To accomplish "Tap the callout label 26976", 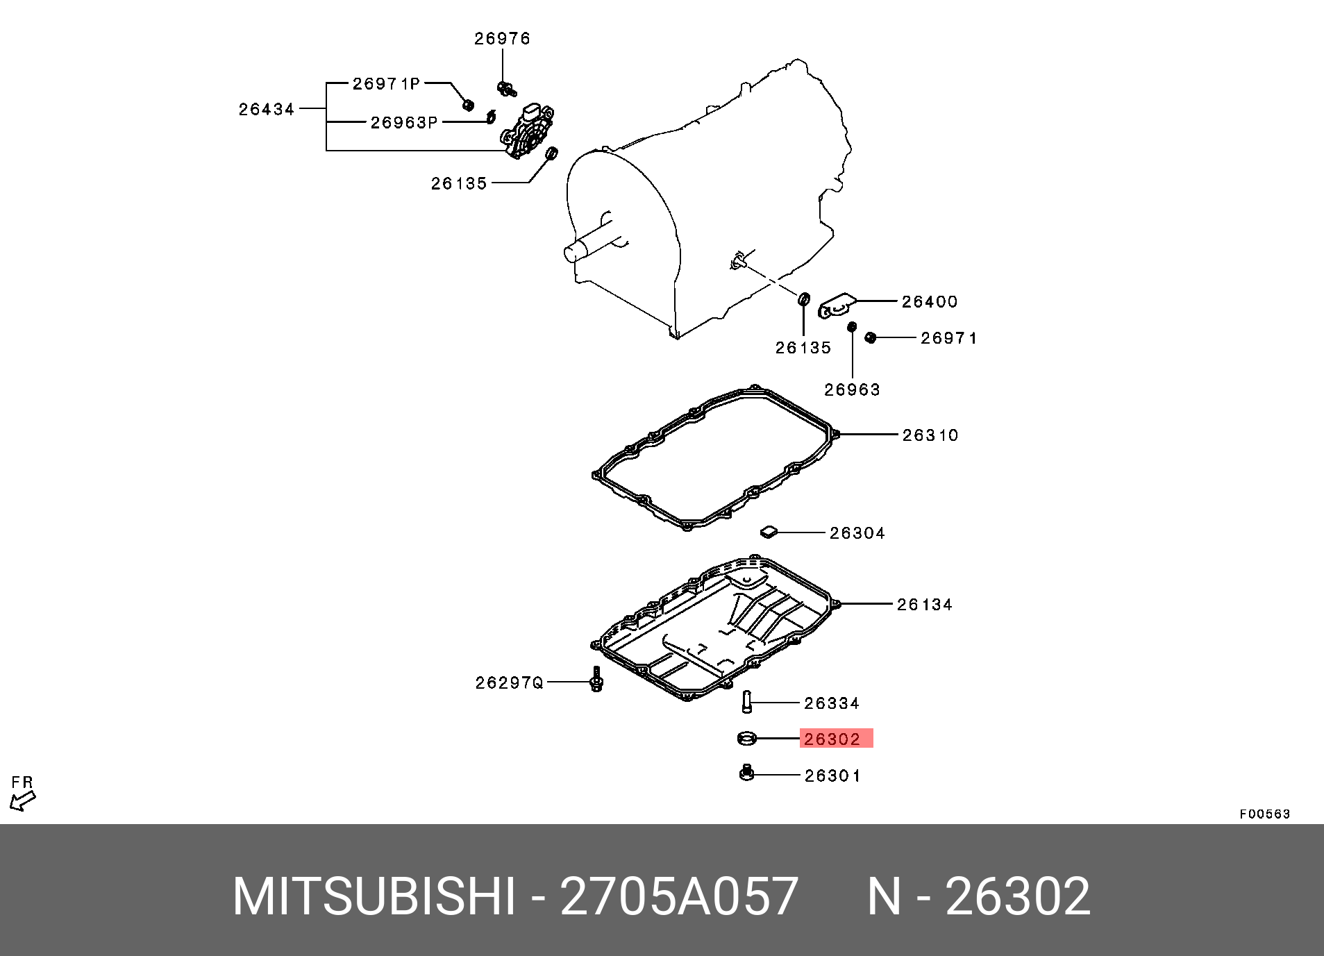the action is pyautogui.click(x=502, y=39).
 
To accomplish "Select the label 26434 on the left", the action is pyautogui.click(x=267, y=109).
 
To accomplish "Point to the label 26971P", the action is pyautogui.click(x=386, y=84).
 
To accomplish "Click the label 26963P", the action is pyautogui.click(x=403, y=123).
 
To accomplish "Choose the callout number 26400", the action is pyautogui.click(x=930, y=302).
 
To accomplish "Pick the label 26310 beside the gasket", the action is pyautogui.click(x=930, y=435).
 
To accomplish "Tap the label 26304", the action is pyautogui.click(x=857, y=533).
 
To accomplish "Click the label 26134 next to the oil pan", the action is pyautogui.click(x=925, y=605).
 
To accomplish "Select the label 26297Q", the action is pyautogui.click(x=509, y=683).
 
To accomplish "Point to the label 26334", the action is pyautogui.click(x=832, y=704).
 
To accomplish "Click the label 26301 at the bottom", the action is pyautogui.click(x=832, y=776).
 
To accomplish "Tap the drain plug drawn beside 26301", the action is pyautogui.click(x=747, y=773).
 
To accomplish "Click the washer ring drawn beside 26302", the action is pyautogui.click(x=747, y=738).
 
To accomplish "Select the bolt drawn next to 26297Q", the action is pyautogui.click(x=596, y=680).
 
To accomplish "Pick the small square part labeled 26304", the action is pyautogui.click(x=768, y=532).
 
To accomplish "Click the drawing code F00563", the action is pyautogui.click(x=1264, y=814).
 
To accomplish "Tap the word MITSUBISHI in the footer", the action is pyautogui.click(x=374, y=896).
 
